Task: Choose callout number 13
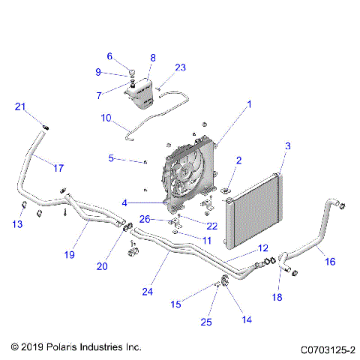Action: pyautogui.click(x=19, y=225)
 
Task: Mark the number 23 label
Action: pyautogui.click(x=180, y=67)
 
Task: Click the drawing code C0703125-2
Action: pyautogui.click(x=327, y=349)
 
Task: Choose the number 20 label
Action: pyautogui.click(x=101, y=265)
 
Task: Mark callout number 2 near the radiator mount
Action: pyautogui.click(x=238, y=160)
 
